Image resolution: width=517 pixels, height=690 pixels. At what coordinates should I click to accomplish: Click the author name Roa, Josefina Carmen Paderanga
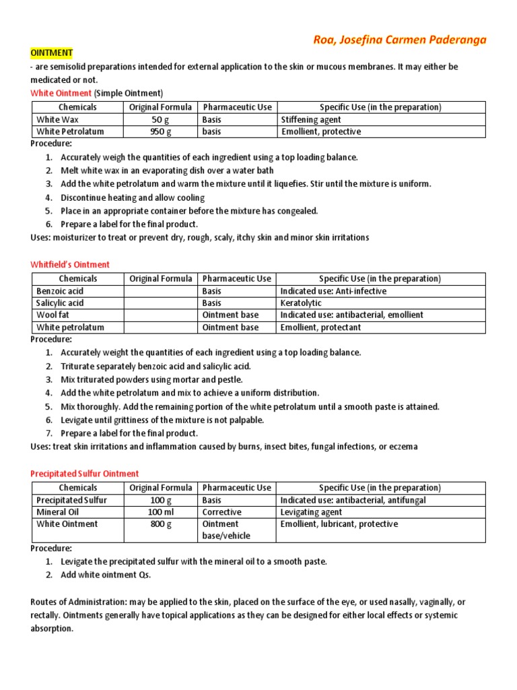pos(399,40)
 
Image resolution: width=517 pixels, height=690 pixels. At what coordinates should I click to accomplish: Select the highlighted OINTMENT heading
pos(52,53)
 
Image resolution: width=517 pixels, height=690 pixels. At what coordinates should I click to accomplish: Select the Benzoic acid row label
pos(60,291)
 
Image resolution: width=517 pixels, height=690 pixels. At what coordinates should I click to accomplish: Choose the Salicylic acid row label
pos(60,303)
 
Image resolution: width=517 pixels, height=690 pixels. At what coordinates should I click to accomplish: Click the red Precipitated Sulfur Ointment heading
pos(85,474)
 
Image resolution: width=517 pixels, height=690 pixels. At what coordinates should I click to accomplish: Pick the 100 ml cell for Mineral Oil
pos(160,512)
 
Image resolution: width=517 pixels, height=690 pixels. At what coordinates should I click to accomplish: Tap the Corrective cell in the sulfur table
pos(221,512)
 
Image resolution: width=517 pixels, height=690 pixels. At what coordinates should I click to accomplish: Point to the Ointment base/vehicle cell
pos(226,530)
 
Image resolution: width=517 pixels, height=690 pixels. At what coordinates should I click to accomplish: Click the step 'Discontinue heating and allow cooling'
pos(133,197)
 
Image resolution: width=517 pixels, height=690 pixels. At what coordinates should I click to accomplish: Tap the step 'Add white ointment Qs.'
pos(106,575)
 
